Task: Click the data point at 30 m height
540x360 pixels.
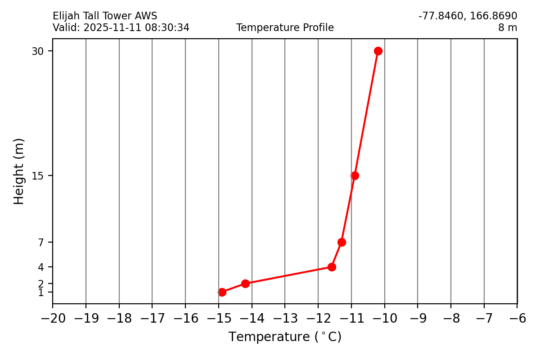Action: (x=378, y=51)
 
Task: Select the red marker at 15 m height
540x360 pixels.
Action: (x=355, y=175)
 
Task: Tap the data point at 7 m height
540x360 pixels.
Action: (x=342, y=242)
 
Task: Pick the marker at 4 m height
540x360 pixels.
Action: (x=332, y=267)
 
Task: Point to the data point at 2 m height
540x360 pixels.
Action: (x=245, y=283)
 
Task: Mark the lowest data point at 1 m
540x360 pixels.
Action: (x=222, y=292)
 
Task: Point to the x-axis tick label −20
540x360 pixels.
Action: (x=53, y=319)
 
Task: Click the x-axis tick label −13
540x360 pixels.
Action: (x=285, y=319)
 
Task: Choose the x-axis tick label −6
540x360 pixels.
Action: (x=517, y=319)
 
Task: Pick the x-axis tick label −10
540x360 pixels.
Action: (x=384, y=319)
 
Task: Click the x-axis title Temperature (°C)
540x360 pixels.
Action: (x=285, y=337)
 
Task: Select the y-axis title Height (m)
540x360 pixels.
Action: (x=19, y=171)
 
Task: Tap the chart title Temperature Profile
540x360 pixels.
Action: (x=285, y=28)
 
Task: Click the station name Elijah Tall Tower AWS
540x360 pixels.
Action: (x=105, y=16)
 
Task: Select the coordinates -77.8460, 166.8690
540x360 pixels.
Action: (x=468, y=16)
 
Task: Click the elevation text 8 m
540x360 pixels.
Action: (x=507, y=28)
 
